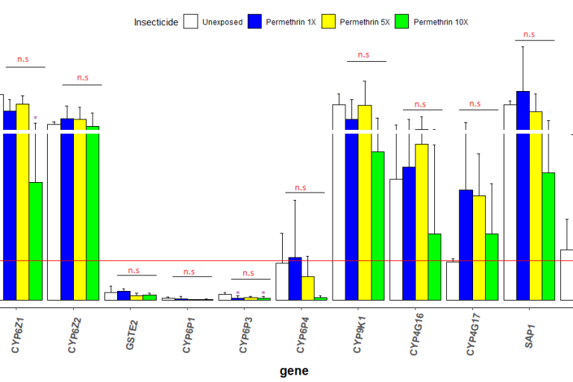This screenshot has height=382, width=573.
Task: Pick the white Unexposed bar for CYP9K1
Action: pyautogui.click(x=339, y=202)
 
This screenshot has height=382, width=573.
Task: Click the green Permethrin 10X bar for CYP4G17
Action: pyautogui.click(x=492, y=266)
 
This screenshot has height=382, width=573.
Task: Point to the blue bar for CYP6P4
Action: pyautogui.click(x=295, y=278)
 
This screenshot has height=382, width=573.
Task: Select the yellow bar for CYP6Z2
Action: pyautogui.click(x=80, y=209)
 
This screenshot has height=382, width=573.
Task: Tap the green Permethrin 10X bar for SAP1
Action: pyautogui.click(x=548, y=236)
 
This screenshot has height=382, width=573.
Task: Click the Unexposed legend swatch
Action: pyautogui.click(x=191, y=22)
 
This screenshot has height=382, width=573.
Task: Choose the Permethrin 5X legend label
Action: pyautogui.click(x=364, y=22)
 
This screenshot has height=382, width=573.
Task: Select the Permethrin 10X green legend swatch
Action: pyautogui.click(x=402, y=22)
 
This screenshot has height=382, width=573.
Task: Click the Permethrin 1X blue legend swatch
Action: pyautogui.click(x=255, y=22)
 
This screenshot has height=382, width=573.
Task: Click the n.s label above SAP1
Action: pyautogui.click(x=529, y=34)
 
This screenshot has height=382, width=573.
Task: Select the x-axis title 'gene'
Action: pyautogui.click(x=294, y=371)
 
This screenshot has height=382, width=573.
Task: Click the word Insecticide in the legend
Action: pyautogui.click(x=156, y=22)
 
